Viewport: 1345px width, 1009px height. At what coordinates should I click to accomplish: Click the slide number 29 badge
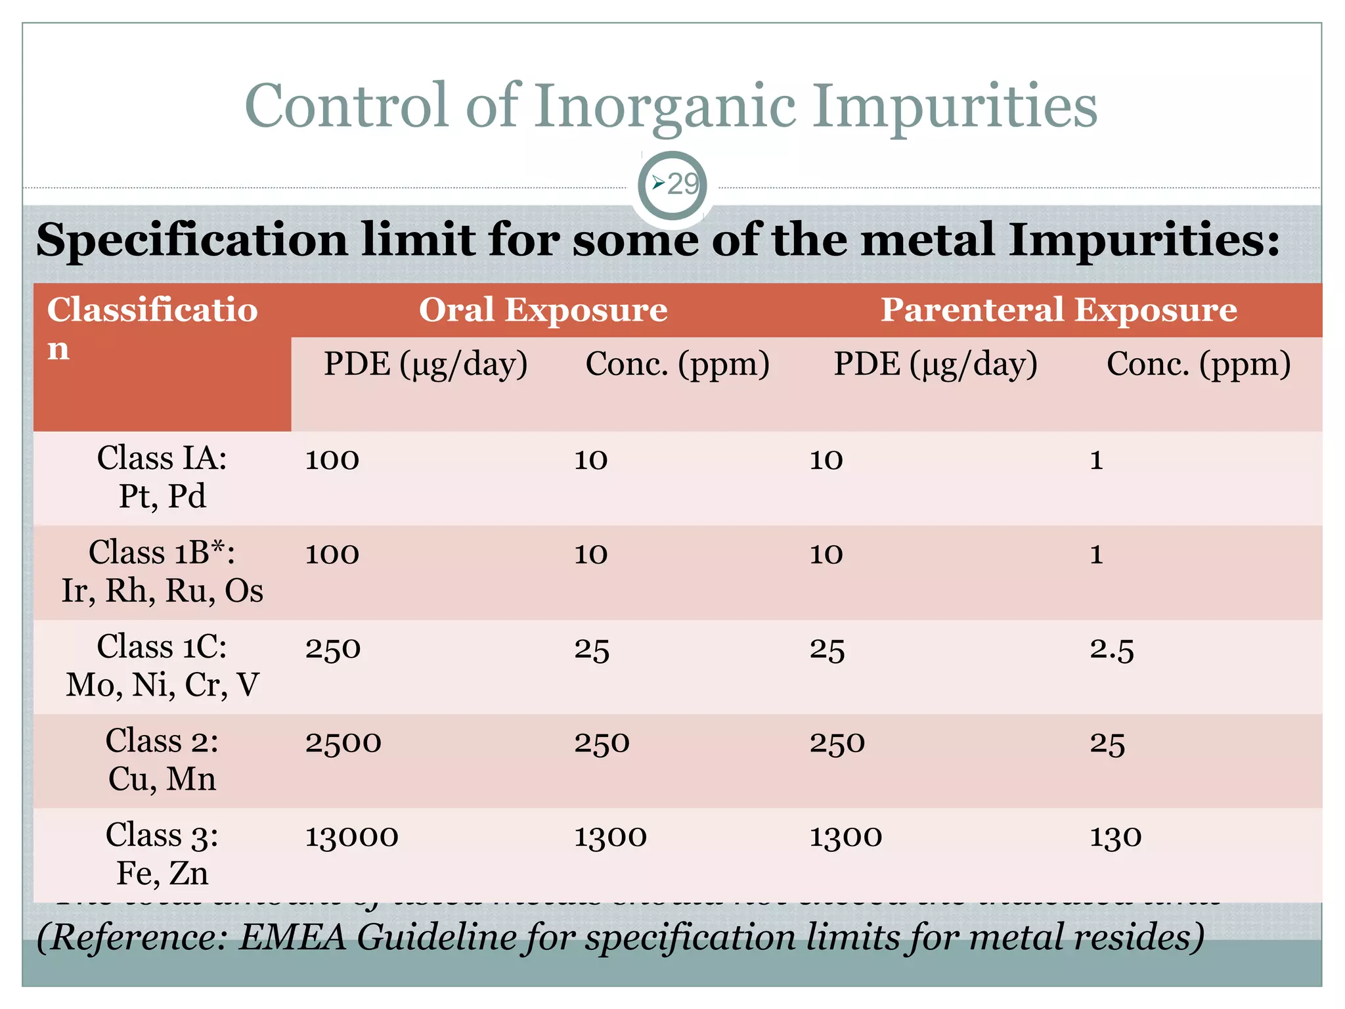pos(672,185)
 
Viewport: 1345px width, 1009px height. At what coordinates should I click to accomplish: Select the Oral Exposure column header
pos(543,309)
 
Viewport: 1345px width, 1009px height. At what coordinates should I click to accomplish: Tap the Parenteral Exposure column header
pos(1059,309)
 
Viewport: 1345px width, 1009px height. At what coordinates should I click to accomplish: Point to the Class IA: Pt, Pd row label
pos(162,477)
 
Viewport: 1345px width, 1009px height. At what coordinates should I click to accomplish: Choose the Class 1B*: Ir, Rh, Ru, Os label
pos(162,571)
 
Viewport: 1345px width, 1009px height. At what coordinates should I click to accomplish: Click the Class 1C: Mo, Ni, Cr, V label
pos(162,665)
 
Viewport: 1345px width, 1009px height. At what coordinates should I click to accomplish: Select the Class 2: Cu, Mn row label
pos(162,759)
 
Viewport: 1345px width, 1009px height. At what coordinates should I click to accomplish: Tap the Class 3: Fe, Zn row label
pos(162,853)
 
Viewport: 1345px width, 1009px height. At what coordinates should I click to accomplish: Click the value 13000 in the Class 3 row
pos(351,837)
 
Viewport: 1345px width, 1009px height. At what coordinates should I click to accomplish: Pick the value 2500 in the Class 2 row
pos(343,743)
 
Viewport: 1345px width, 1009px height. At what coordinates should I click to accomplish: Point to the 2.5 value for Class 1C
pos(1112,649)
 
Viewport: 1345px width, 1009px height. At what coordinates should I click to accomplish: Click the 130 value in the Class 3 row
pos(1116,837)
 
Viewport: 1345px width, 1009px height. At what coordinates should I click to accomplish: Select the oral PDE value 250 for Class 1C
pos(333,649)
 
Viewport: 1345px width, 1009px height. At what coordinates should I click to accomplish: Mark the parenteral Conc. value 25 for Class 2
pos(1107,743)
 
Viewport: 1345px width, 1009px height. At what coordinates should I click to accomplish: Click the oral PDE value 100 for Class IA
pos(332,460)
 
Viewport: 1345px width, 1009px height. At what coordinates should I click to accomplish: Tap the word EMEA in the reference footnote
pos(292,937)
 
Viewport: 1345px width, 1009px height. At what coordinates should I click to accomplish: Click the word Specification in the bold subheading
pos(191,240)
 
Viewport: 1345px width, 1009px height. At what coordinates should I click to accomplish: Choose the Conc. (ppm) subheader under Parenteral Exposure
pos(1199,364)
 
